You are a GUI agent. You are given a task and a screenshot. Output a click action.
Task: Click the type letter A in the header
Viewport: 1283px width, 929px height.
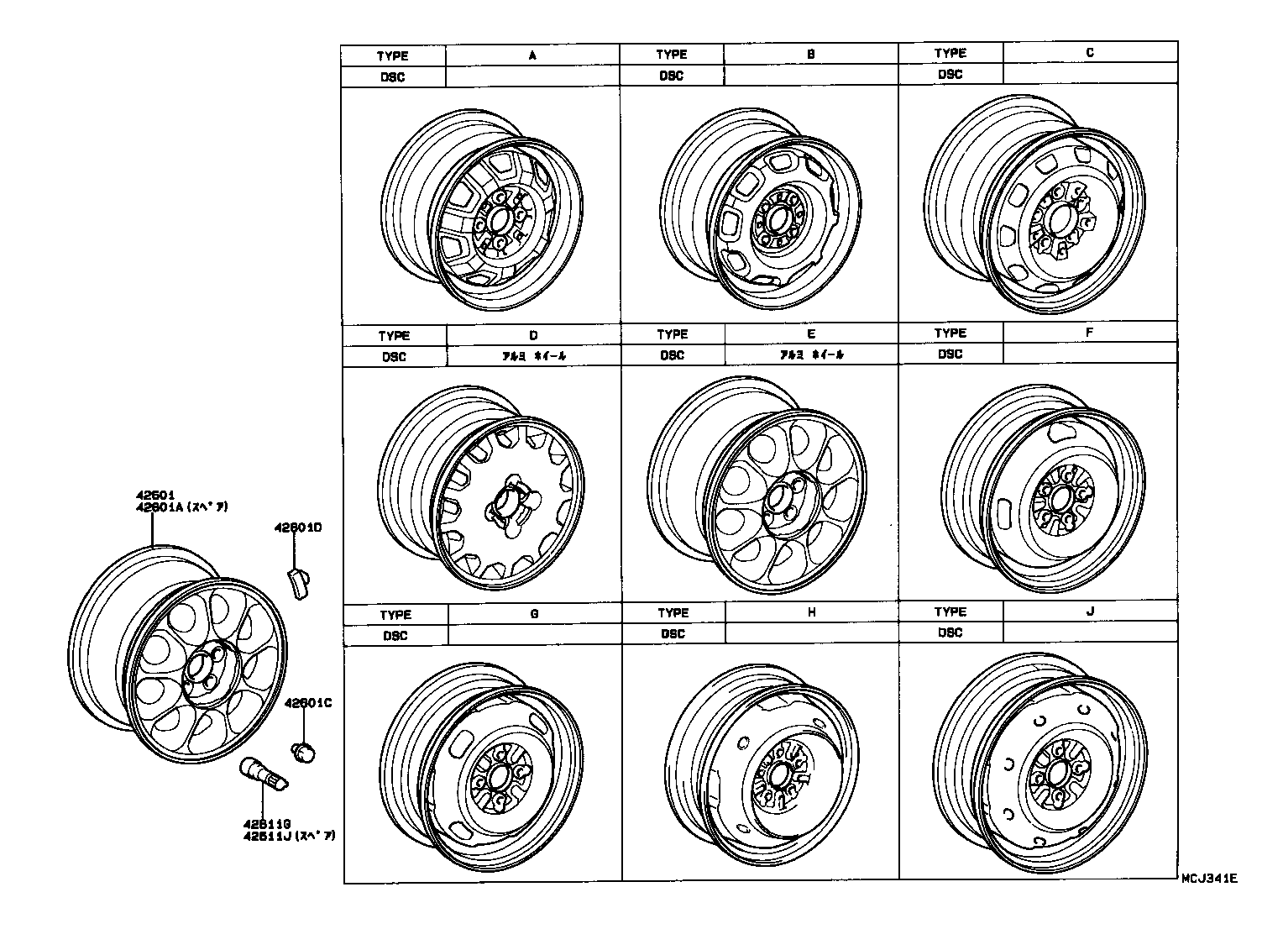532,55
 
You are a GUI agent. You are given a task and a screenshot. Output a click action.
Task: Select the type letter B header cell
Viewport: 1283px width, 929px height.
811,55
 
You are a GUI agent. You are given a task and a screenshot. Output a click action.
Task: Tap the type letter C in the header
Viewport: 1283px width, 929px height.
1090,52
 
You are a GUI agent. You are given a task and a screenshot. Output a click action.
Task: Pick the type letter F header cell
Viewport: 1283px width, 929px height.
1089,333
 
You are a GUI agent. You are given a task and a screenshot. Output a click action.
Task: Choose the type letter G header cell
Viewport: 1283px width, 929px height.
534,614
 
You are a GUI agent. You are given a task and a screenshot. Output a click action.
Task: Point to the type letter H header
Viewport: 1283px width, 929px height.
811,612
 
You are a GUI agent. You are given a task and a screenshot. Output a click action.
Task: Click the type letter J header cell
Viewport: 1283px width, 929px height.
1090,611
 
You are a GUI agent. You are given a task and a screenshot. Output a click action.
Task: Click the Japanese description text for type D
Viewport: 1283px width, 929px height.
534,356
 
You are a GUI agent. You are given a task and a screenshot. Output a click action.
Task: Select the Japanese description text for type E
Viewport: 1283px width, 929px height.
811,354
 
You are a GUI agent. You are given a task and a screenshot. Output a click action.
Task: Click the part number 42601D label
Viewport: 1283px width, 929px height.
298,528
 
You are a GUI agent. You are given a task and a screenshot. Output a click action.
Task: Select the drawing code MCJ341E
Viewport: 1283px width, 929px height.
1209,879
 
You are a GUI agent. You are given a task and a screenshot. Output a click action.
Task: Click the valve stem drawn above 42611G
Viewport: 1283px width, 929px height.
264,774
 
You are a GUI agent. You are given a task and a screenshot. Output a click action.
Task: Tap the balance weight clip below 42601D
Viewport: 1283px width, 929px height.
300,582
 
